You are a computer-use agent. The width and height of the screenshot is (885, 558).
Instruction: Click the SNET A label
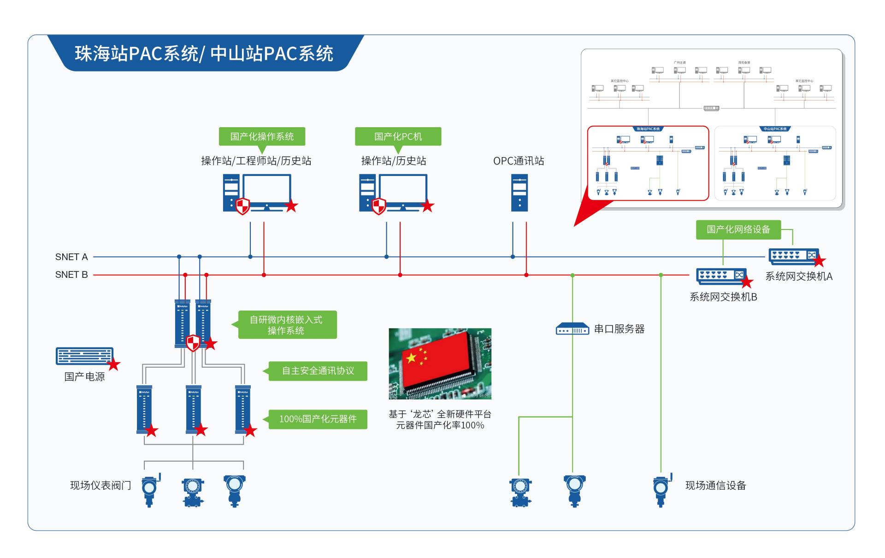71,257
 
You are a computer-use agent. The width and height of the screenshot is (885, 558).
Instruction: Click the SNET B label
71,275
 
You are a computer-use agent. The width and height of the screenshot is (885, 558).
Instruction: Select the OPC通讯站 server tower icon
519,193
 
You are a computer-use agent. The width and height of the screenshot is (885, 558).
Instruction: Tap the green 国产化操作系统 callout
262,136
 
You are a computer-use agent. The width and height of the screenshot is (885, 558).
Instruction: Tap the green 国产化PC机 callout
398,136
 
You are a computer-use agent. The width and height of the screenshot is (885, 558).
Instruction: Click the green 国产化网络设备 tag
738,229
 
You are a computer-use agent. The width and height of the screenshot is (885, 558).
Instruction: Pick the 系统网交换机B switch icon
721,276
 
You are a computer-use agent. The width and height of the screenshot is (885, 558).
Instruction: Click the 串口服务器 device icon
572,329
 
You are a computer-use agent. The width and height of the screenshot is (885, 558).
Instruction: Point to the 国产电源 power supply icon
84,356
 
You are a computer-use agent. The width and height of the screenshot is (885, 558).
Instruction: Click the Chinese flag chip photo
440,364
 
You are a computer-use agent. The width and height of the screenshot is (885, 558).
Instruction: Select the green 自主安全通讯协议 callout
318,371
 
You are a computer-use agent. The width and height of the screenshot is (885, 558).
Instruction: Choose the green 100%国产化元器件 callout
318,419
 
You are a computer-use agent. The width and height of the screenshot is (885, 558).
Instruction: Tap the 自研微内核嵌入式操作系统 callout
287,325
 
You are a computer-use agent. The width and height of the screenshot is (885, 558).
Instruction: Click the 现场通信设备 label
715,485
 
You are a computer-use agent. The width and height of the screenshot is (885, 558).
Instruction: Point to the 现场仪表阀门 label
100,485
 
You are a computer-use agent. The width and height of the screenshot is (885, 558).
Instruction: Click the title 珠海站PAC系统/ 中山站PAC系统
204,53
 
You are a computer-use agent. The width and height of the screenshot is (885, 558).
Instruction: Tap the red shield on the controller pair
193,343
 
